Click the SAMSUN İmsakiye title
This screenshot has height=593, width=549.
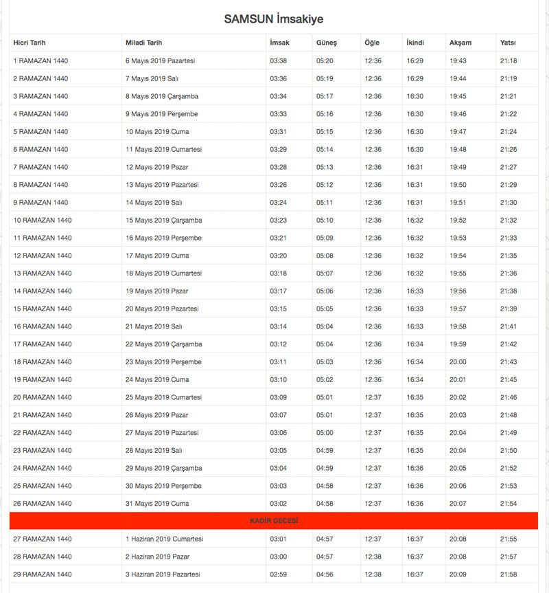(x=274, y=19)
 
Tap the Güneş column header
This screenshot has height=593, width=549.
(x=326, y=43)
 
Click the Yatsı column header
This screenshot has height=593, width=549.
(x=508, y=43)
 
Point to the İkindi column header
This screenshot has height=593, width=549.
(x=415, y=43)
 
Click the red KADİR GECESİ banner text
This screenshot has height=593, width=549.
(x=274, y=522)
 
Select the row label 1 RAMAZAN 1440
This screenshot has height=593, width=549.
(x=40, y=60)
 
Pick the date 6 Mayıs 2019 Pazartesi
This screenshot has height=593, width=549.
(x=160, y=60)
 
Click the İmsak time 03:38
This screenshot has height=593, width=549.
(x=279, y=60)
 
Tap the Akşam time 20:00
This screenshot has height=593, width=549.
(x=458, y=362)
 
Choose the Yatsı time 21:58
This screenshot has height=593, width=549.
(x=509, y=574)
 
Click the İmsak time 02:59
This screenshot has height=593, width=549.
(x=279, y=574)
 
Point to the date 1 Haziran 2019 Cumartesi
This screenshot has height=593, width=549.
(x=164, y=539)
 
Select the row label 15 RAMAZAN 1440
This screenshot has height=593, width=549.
(x=43, y=309)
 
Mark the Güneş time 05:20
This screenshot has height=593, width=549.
(x=325, y=60)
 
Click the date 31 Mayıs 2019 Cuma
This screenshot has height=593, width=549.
(x=157, y=504)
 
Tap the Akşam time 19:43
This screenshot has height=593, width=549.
(x=458, y=60)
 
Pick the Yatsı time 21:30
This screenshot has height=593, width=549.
(x=509, y=203)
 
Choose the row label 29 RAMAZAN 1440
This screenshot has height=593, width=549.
(x=43, y=574)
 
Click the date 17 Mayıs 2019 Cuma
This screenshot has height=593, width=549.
(x=157, y=256)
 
